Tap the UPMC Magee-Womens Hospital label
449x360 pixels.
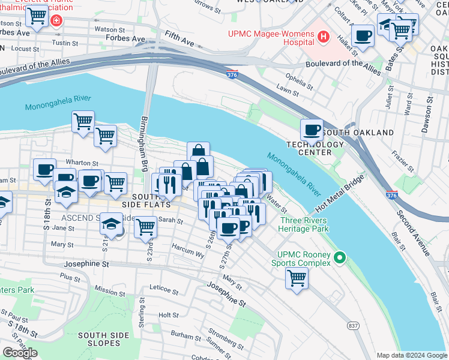click(x=271, y=38)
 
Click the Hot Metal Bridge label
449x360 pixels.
click(x=339, y=193)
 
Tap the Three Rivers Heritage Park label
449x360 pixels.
click(x=304, y=224)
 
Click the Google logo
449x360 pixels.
click(x=20, y=353)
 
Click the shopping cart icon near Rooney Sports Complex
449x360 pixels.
click(x=297, y=278)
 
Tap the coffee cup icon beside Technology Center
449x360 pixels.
click(x=312, y=130)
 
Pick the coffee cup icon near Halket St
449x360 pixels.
click(x=362, y=36)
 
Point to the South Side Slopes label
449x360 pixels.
click(x=99, y=339)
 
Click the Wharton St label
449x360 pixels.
click(x=83, y=163)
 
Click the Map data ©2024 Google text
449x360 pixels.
click(x=411, y=355)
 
